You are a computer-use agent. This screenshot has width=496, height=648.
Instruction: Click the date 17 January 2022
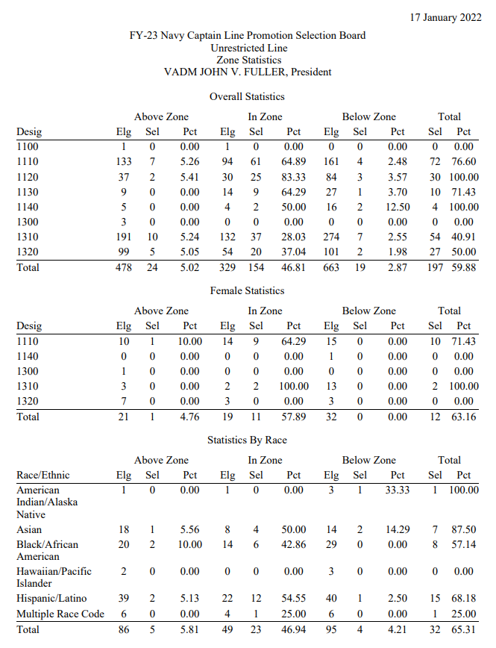click(x=445, y=16)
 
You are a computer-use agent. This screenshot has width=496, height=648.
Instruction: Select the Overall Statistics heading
click(x=247, y=96)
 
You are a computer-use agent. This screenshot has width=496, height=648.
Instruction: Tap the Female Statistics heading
click(x=247, y=290)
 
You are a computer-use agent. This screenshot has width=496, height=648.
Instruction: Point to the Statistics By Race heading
click(x=247, y=440)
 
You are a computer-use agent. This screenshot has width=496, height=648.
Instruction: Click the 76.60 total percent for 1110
click(x=464, y=162)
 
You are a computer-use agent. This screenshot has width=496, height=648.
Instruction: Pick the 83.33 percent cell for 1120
click(x=294, y=177)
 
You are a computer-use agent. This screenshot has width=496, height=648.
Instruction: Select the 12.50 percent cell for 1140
click(x=398, y=207)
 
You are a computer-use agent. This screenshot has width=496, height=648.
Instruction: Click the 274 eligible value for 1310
click(x=330, y=237)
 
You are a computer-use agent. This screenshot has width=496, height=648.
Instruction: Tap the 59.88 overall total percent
click(x=464, y=267)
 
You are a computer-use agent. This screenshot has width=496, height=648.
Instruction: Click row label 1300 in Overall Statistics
click(x=28, y=222)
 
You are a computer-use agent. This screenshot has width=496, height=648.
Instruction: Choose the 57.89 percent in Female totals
click(x=294, y=417)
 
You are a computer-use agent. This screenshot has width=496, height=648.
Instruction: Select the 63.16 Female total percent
click(x=464, y=417)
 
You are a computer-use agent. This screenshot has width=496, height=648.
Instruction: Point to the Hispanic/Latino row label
click(x=48, y=599)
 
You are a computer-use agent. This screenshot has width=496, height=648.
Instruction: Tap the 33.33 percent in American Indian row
click(x=398, y=490)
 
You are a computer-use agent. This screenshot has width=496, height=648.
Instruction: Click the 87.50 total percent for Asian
click(x=464, y=529)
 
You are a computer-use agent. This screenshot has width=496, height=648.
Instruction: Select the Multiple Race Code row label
click(x=60, y=614)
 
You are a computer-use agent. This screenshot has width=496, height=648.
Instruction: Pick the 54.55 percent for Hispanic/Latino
click(x=294, y=599)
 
